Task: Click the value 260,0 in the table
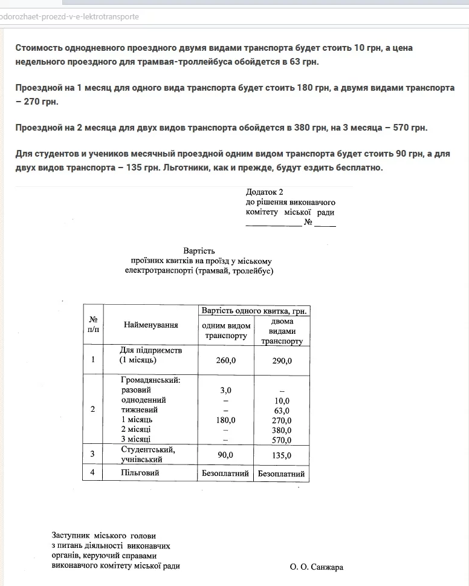click(226, 360)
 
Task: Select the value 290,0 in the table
click(282, 360)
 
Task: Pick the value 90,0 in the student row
click(226, 455)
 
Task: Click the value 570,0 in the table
click(282, 440)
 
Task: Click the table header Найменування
click(151, 325)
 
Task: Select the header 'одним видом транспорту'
click(226, 331)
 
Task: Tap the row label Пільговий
click(140, 472)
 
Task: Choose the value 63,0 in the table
click(282, 411)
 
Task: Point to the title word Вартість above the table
click(199, 250)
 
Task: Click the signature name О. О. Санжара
click(317, 567)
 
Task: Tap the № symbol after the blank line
click(308, 223)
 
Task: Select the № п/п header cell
click(92, 324)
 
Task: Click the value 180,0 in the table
click(226, 420)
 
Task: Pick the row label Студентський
click(148, 449)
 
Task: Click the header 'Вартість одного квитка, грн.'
click(255, 311)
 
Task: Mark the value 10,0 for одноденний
click(282, 400)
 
